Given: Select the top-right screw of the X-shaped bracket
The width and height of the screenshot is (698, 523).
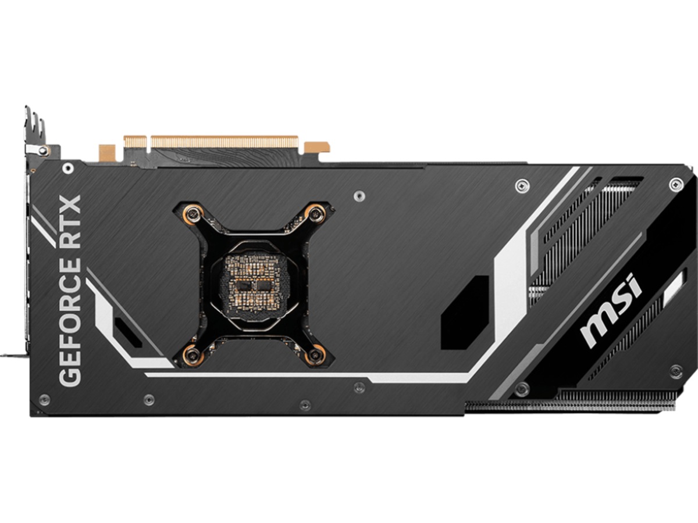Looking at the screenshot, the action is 315,214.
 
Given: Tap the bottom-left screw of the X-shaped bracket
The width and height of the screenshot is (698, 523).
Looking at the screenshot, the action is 191,354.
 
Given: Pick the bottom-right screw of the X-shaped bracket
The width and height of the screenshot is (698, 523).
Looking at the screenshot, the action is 315,354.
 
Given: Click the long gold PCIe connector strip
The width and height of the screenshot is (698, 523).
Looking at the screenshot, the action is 225,142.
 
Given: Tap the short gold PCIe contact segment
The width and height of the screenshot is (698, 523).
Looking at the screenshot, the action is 135,142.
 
